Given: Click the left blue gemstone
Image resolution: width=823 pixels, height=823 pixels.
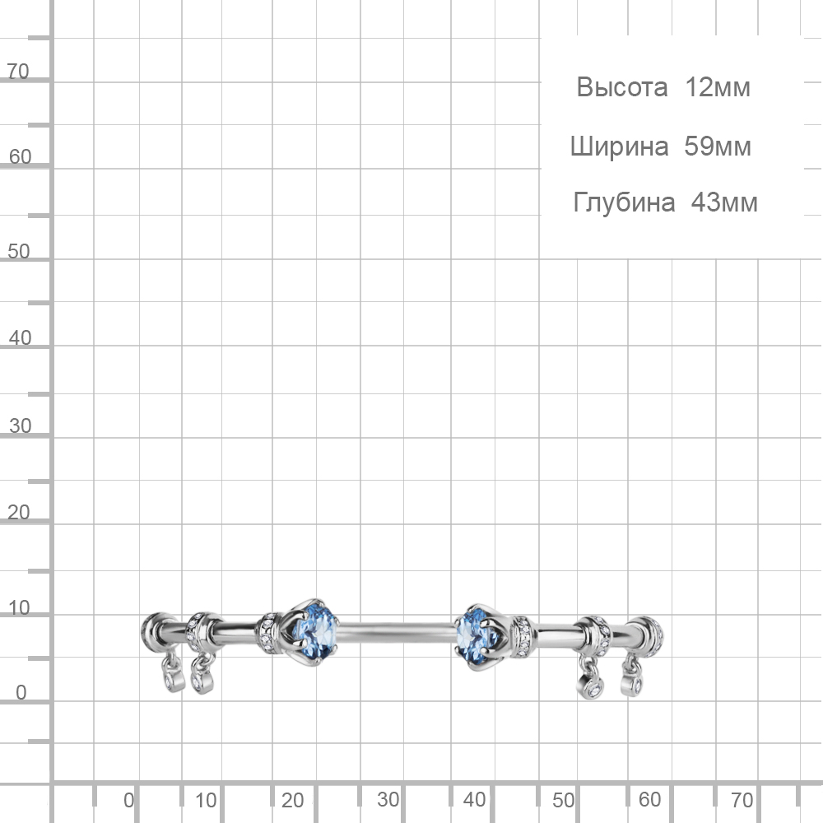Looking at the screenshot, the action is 314,631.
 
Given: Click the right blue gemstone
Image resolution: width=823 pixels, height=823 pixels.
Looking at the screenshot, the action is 476,636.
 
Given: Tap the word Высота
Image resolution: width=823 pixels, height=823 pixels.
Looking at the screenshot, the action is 622,87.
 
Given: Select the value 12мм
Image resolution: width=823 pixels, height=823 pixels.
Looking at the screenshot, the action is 718,87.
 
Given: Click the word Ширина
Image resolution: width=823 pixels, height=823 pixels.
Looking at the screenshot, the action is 620,146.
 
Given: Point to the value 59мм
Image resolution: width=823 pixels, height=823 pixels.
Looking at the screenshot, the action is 718,146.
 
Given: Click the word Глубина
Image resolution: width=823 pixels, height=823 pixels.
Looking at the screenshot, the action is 624,202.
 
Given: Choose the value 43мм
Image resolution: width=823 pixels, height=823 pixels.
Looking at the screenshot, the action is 724,202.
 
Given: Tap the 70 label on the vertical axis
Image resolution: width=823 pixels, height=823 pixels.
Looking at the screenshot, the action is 18,72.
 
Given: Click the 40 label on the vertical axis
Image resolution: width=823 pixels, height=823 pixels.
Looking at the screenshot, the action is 20,338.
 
